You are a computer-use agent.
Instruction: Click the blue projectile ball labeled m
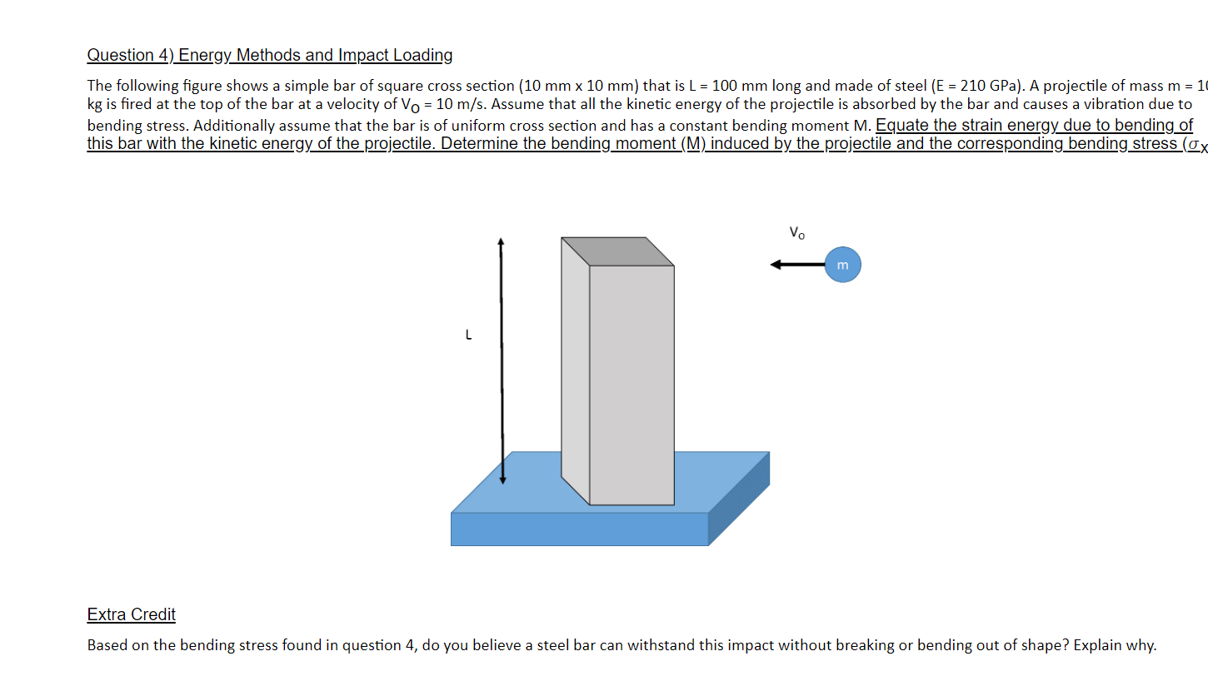coord(842,265)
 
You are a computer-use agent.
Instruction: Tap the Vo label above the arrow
coord(796,233)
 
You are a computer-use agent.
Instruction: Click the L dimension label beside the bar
coord(468,336)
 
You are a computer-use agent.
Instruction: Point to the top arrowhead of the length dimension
coord(501,242)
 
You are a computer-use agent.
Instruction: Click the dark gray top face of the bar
coord(617,251)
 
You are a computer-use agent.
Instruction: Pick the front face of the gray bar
coord(631,383)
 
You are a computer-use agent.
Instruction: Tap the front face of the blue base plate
coord(579,529)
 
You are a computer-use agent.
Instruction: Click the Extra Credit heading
coord(131,614)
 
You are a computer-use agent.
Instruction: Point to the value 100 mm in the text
coord(739,86)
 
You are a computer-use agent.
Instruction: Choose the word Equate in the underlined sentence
coord(902,126)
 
